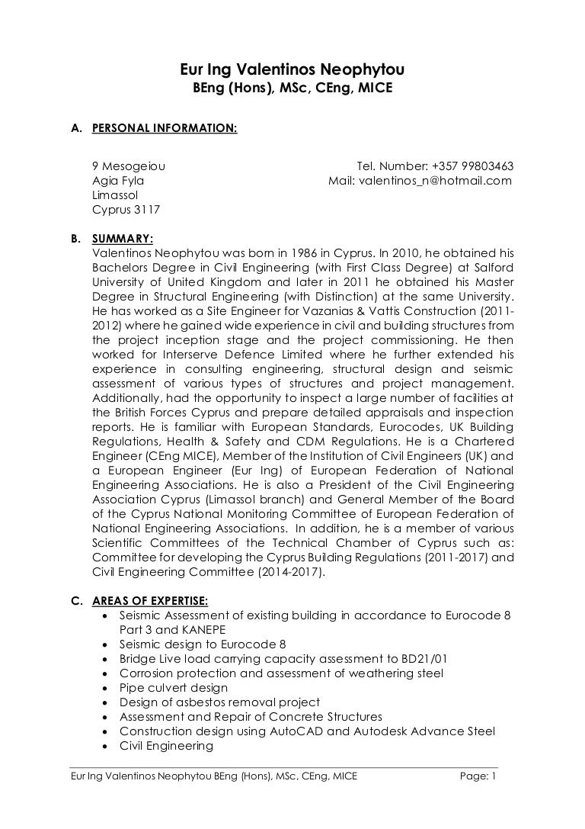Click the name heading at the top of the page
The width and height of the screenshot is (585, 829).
[292, 71]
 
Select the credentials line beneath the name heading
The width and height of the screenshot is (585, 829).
[292, 89]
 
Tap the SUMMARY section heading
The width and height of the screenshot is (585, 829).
[122, 238]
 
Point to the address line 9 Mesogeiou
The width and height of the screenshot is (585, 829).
[129, 166]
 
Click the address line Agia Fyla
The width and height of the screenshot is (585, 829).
[118, 181]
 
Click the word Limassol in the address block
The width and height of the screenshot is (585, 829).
[114, 195]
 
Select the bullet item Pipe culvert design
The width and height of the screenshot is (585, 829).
[174, 688]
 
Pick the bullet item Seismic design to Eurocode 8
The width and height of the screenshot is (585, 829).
[203, 644]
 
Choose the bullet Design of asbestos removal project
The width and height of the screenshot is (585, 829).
[219, 702]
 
